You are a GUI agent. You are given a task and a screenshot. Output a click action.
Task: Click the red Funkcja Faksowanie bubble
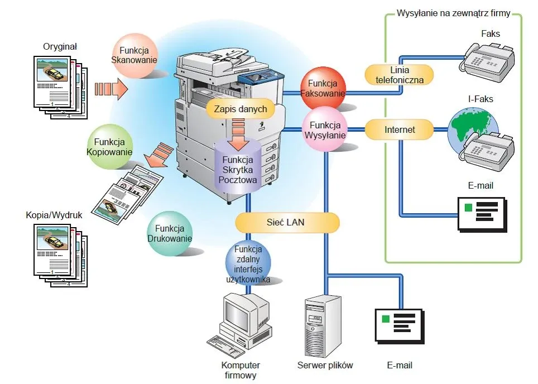(x=323, y=88)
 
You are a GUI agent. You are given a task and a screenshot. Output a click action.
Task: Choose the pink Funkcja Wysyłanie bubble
(x=325, y=130)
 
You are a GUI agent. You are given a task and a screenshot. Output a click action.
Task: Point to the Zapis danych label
(x=241, y=109)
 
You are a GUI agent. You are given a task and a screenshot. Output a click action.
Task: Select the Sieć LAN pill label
(x=287, y=223)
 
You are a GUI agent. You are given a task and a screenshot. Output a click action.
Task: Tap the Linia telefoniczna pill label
(x=400, y=75)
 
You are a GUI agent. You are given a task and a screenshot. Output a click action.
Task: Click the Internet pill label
(x=400, y=130)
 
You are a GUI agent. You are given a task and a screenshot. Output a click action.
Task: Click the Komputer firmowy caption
(x=241, y=370)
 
